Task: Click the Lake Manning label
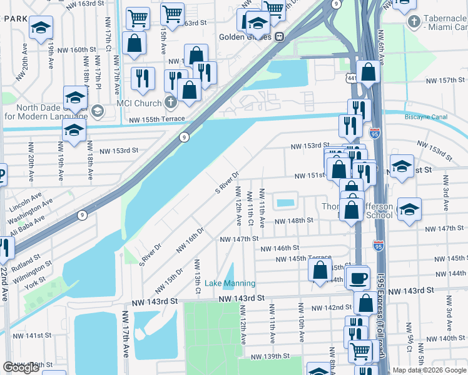pos(221,283)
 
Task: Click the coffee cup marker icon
pos(359,277)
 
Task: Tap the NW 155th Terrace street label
pos(157,119)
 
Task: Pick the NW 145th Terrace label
pos(306,258)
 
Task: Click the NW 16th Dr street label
pos(190,239)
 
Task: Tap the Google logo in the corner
pos(21,367)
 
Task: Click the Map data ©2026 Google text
pos(430,370)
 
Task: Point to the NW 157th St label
pos(445,81)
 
